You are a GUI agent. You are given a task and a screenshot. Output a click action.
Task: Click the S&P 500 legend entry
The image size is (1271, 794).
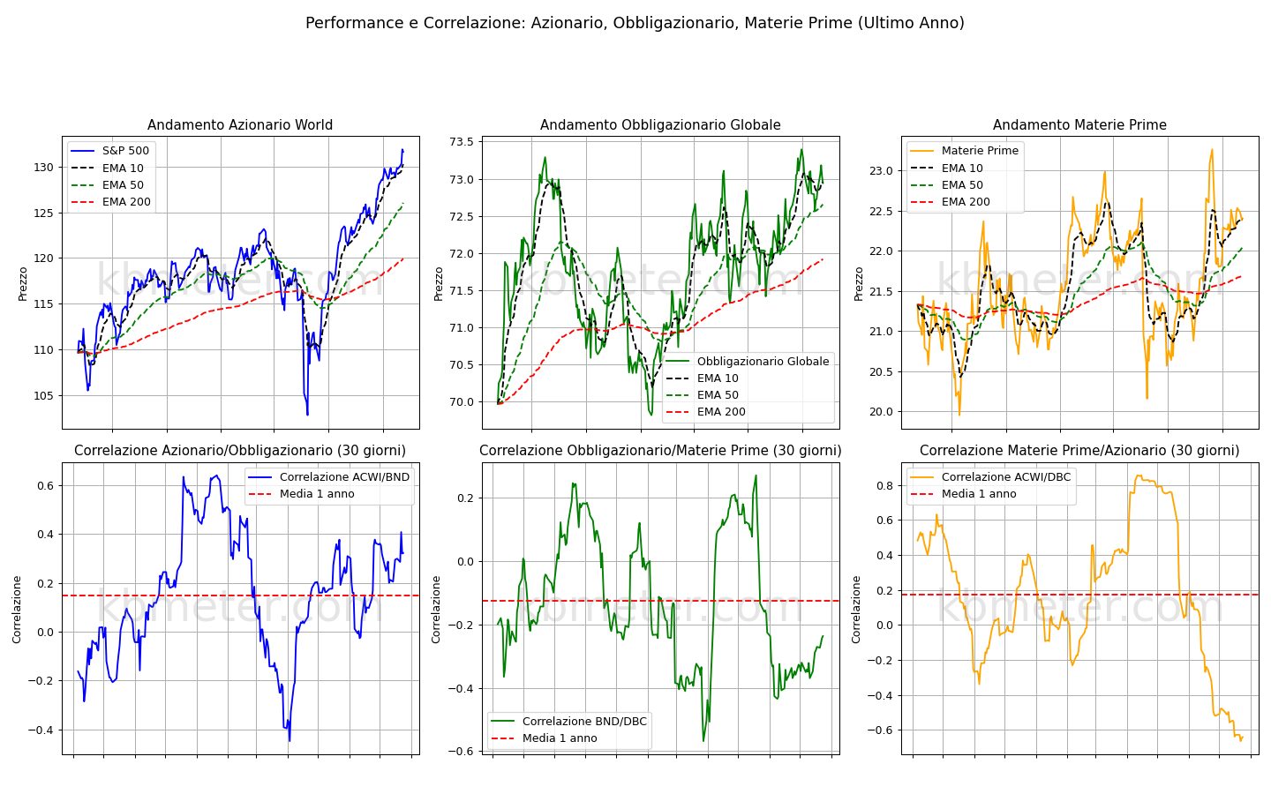pos(109,151)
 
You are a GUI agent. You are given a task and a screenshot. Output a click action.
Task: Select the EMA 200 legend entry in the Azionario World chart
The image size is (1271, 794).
pos(111,202)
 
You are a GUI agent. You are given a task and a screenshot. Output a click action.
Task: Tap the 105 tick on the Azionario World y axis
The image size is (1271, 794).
pos(44,396)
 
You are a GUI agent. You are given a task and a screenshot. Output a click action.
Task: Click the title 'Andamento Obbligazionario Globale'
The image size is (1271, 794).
pos(660,124)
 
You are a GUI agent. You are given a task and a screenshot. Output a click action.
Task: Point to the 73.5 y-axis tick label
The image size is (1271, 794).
pos(462,142)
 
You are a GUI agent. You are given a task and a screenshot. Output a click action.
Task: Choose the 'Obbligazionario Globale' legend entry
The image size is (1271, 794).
pos(748,362)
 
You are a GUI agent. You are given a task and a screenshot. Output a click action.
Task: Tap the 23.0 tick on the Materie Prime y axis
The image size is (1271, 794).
pos(881,171)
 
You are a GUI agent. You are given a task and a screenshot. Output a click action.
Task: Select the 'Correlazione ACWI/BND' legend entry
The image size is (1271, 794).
pos(329,477)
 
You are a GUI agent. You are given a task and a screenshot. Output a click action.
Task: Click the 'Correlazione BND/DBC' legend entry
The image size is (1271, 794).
pos(568,722)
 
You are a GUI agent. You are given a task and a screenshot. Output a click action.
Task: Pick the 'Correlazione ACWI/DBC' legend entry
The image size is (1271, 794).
pos(990,477)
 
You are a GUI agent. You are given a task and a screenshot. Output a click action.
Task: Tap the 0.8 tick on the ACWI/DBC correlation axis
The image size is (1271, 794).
pos(884,485)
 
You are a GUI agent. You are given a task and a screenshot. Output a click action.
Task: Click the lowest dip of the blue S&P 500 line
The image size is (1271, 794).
pos(307,415)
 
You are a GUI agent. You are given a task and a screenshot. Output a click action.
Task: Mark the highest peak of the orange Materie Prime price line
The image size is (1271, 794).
pos(1212,150)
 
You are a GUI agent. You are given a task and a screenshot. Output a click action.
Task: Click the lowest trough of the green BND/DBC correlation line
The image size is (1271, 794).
pos(703,741)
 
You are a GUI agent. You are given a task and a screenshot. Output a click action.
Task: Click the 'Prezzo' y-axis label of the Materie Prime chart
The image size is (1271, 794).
pos(859,283)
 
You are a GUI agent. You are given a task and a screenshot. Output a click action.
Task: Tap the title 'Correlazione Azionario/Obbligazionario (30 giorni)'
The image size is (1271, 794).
pos(240,451)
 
